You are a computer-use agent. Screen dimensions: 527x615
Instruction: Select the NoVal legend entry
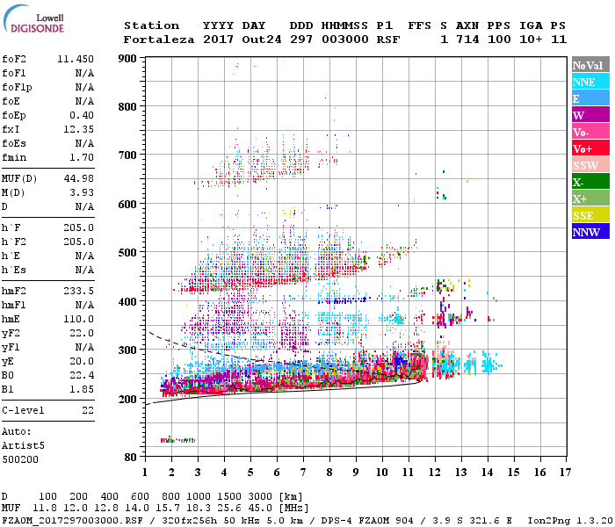(590, 65)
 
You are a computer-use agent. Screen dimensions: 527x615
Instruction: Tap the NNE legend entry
(590, 82)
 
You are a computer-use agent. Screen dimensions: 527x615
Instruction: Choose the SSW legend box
(590, 165)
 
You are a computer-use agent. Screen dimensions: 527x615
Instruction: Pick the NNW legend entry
(590, 232)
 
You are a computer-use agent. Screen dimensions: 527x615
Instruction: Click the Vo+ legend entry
(590, 148)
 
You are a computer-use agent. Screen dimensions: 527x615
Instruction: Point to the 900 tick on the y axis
(129, 59)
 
